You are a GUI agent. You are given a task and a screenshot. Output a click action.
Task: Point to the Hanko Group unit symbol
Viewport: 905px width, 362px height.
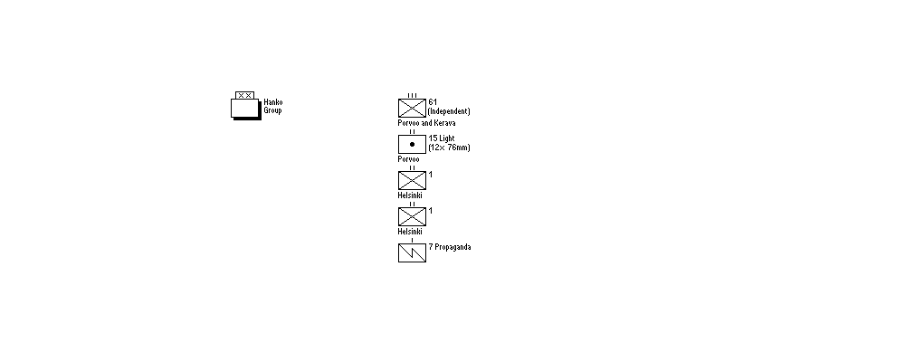pyautogui.click(x=244, y=104)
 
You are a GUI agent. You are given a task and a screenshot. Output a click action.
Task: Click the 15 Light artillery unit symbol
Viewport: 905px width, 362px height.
pyautogui.click(x=412, y=143)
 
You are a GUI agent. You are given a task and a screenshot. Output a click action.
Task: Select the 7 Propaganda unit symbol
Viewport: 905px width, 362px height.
pyautogui.click(x=412, y=251)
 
